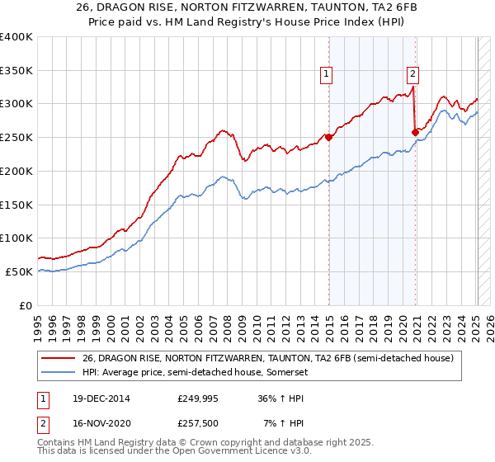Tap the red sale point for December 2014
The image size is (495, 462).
tap(328, 138)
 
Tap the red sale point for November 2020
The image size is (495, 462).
tap(415, 132)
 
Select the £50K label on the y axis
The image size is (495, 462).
tap(20, 271)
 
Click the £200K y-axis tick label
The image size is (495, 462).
tap(16, 171)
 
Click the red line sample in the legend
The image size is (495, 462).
tap(59, 358)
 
